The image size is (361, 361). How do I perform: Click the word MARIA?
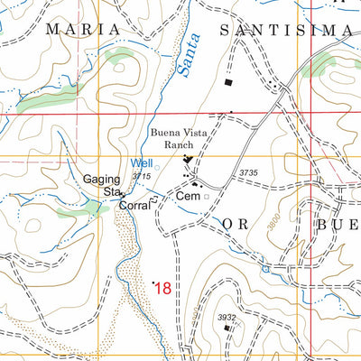coord(76,29)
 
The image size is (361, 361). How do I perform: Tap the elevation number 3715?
coord(141,176)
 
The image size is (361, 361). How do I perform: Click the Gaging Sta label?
coord(104,185)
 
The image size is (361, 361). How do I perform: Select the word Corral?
coord(134,206)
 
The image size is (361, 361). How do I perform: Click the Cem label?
coord(187,195)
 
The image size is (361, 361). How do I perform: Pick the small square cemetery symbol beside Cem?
coord(206,195)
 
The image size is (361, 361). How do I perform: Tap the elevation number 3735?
coord(249,172)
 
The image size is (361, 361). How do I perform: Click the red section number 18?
coord(162,289)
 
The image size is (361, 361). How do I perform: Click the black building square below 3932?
coord(227,329)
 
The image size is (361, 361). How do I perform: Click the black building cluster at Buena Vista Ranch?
coord(190,162)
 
